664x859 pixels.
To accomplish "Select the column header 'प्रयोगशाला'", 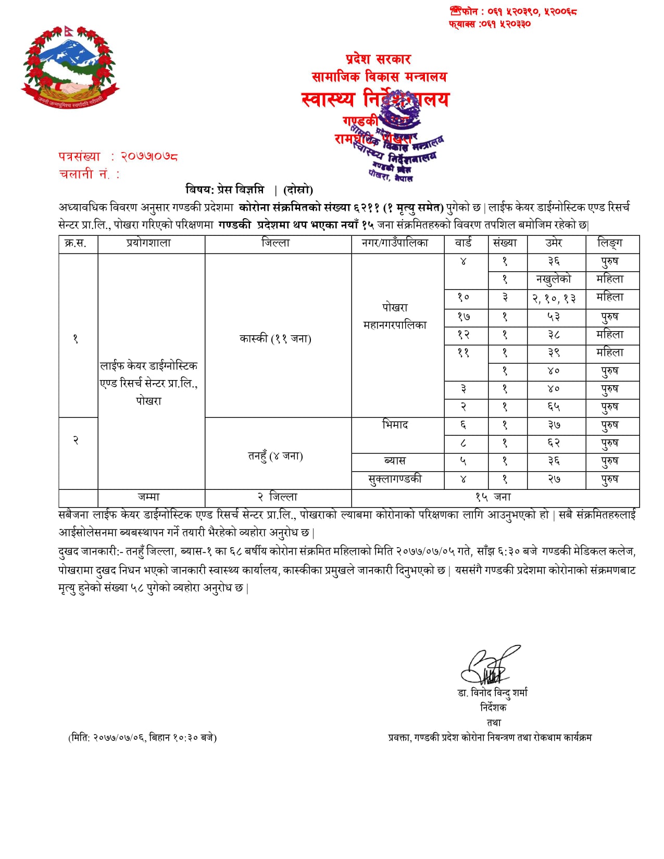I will (x=149, y=243).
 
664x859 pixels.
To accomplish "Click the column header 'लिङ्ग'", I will (x=610, y=243).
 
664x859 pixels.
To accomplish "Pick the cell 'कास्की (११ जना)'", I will (x=275, y=338).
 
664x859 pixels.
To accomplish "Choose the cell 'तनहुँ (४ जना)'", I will (x=275, y=456).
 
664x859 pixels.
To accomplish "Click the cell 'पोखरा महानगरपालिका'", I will (x=395, y=316).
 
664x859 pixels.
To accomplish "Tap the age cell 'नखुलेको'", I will (x=554, y=279).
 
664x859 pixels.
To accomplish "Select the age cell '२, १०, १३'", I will (x=554, y=298).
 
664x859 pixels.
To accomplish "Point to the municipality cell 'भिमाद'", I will (x=395, y=425).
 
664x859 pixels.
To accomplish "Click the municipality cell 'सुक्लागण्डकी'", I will (x=395, y=479).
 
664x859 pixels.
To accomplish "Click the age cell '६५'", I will (x=554, y=407).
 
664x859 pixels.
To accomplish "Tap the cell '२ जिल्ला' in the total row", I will (x=278, y=497).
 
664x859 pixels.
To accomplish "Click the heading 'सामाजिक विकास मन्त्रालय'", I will (x=379, y=77).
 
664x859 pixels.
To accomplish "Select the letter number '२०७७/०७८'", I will (x=149, y=156).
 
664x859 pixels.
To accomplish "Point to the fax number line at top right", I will (x=490, y=24).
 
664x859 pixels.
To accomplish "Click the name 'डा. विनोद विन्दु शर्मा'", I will (x=492, y=692).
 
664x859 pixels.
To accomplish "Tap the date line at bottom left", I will (x=142, y=737).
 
